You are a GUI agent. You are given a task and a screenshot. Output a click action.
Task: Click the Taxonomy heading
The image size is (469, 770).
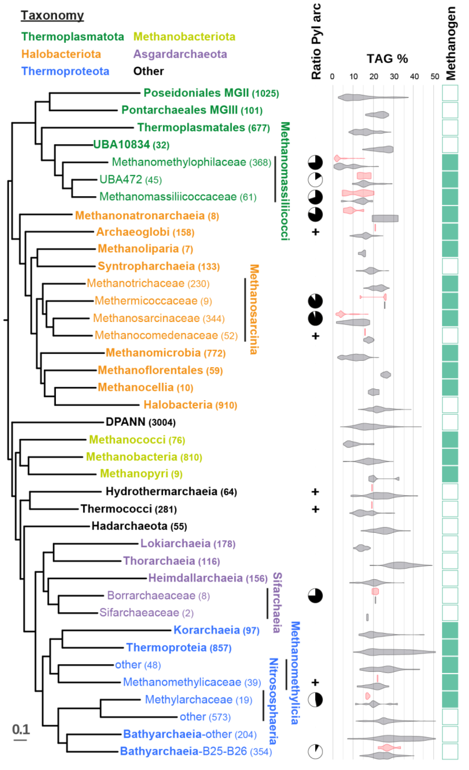[52, 15]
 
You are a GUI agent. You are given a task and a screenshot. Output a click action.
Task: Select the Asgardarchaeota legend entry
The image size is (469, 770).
[180, 54]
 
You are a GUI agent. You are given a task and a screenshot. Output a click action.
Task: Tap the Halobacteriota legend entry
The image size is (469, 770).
[61, 54]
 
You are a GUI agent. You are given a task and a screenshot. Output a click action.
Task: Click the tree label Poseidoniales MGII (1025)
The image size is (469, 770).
[211, 93]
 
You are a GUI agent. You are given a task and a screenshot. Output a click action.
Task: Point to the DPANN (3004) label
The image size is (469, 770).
[141, 422]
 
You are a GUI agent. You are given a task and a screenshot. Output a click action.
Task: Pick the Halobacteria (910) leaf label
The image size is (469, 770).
[190, 405]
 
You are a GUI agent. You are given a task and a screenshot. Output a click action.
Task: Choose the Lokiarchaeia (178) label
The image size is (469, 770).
[188, 544]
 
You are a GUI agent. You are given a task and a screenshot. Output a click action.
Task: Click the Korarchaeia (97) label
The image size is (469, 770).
[216, 630]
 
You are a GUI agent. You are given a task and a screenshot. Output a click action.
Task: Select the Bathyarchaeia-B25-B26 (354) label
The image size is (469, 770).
[196, 751]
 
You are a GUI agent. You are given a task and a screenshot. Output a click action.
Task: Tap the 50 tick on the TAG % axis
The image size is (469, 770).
[435, 77]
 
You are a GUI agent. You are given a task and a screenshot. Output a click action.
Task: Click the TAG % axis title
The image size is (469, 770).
[387, 59]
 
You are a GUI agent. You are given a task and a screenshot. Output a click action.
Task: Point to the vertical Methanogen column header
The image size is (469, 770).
[450, 43]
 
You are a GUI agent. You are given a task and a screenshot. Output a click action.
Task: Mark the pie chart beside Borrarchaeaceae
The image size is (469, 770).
[315, 596]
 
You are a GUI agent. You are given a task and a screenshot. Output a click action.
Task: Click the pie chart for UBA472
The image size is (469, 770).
[315, 180]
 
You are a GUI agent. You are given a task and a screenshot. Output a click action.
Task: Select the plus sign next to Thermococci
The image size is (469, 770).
[315, 510]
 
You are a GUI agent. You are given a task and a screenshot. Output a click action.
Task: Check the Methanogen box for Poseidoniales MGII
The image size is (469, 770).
[450, 93]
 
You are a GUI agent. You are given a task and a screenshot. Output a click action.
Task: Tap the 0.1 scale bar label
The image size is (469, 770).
[21, 729]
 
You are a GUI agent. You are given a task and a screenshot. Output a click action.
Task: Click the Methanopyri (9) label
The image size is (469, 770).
[141, 474]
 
